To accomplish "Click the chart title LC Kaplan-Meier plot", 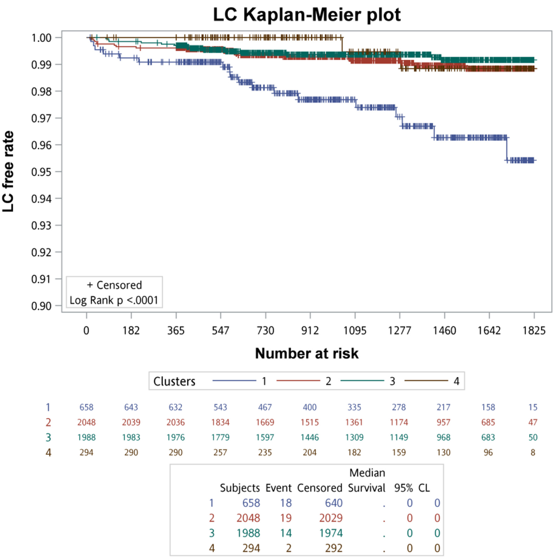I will coord(307,14).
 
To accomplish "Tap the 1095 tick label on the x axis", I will coord(355,331).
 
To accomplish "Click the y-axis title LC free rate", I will coord(8,171).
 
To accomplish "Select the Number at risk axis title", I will coord(307,353).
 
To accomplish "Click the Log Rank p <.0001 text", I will coord(114,300).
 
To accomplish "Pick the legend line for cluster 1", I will coord(234,381).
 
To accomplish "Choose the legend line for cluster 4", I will coord(426,381).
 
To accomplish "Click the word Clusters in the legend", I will coord(174,381).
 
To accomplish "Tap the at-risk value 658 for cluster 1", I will coord(86,407).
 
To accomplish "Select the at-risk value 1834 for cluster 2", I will coord(220,422).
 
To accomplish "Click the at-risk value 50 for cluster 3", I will coord(533,437).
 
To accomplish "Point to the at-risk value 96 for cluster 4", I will coord(488,452).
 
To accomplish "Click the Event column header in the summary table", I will coord(278,488).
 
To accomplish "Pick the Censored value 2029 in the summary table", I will coord(331,518).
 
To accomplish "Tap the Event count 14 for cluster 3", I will coord(286,533).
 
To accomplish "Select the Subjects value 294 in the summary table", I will coord(251,548).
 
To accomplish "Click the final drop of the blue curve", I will coord(506,149).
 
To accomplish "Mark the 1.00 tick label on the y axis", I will coord(41,38).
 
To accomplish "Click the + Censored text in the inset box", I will coord(114,285).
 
